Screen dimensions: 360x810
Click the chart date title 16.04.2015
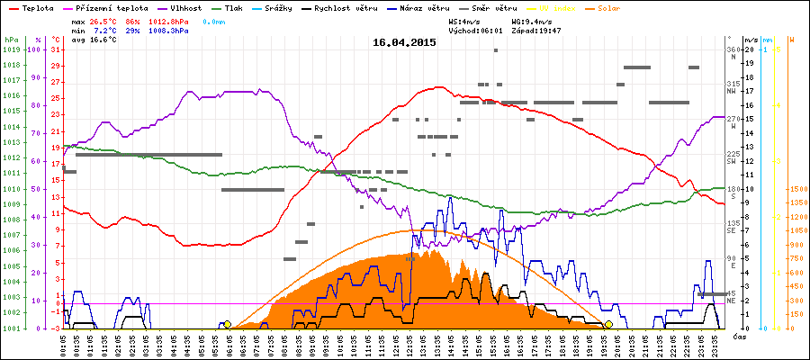click(404, 42)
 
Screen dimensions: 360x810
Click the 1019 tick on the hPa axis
click(11, 50)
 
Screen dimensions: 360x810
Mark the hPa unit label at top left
click(11, 40)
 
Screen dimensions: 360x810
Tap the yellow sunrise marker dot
click(228, 324)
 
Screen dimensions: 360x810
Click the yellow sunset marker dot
click(609, 324)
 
